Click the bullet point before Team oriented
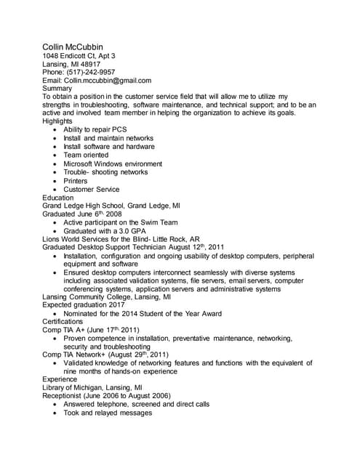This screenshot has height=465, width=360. pyautogui.click(x=56, y=155)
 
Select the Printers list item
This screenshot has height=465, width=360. pyautogui.click(x=75, y=181)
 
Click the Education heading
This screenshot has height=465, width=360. pyautogui.click(x=58, y=198)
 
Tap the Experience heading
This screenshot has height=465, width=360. pyautogui.click(x=60, y=379)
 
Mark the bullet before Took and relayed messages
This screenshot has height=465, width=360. pyautogui.click(x=56, y=413)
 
